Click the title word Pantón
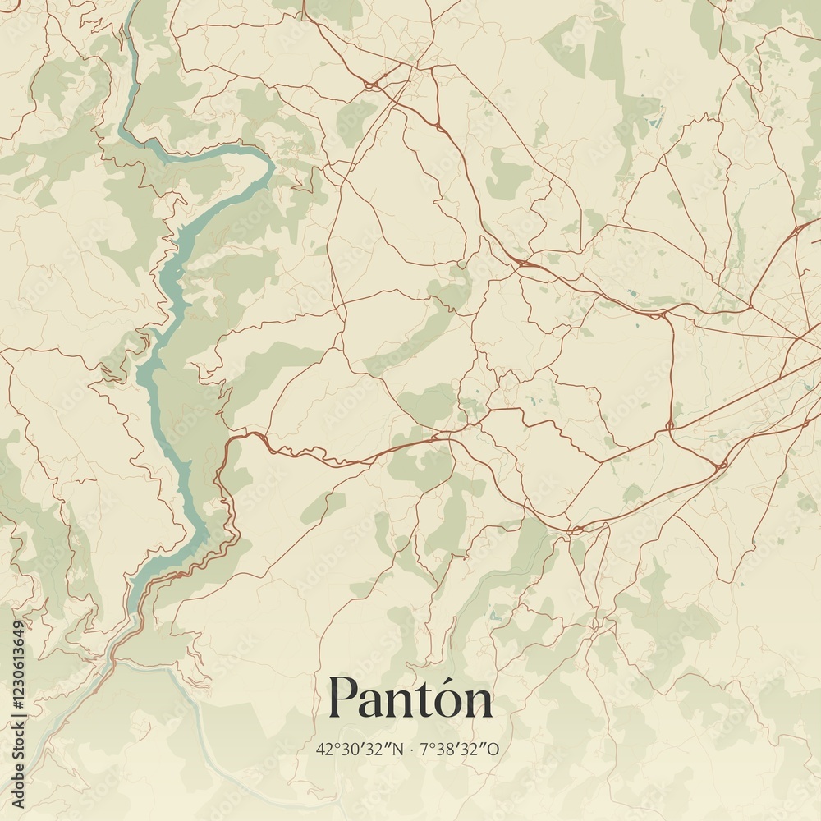pos(410,699)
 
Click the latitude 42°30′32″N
pos(360,749)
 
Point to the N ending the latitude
pos(399,749)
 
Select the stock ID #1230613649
pos(18,665)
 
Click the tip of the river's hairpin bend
pos(272,167)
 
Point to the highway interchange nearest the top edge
pos(371,84)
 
